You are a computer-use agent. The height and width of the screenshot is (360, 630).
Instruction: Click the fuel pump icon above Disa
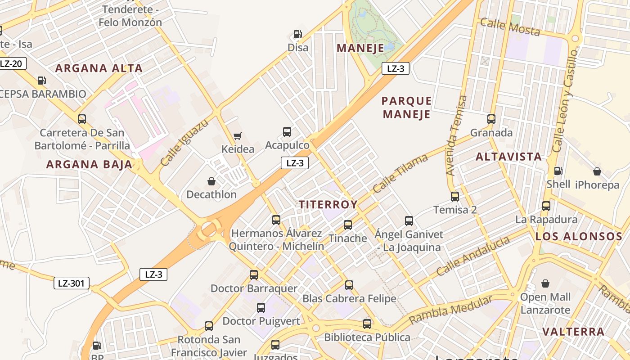point(297,34)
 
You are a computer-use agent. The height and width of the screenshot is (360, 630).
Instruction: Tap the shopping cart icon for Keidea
point(237,136)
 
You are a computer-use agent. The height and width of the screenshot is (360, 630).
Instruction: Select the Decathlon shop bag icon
point(211,181)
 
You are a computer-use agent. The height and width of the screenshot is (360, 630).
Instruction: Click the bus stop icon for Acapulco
point(287,132)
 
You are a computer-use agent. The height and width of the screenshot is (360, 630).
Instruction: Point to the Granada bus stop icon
point(491,119)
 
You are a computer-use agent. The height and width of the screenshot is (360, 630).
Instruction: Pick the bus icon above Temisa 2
point(455,196)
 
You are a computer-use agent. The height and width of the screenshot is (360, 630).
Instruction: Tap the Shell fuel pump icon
point(558,171)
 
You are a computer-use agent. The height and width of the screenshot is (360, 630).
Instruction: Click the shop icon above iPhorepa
point(597,171)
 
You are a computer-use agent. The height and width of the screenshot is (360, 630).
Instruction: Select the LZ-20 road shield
point(12,63)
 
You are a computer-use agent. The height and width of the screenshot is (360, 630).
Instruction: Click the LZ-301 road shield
point(71,283)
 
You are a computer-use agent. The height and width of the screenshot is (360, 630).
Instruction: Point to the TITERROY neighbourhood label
point(328,205)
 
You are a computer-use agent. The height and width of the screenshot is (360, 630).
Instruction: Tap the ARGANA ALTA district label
point(99,68)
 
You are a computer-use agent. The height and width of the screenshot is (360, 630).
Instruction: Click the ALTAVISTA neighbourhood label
point(508,157)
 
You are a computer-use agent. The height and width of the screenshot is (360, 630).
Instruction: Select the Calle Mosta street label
point(510,27)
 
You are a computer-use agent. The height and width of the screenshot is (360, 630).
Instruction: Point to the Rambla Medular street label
point(450,311)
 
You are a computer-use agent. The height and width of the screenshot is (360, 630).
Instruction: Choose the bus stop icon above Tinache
point(347,225)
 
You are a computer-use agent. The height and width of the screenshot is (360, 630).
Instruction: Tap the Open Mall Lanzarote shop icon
point(545,283)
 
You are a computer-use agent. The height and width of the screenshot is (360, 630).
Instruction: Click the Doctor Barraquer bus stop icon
point(254,275)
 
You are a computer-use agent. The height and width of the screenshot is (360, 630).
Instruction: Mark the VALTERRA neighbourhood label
point(573,332)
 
